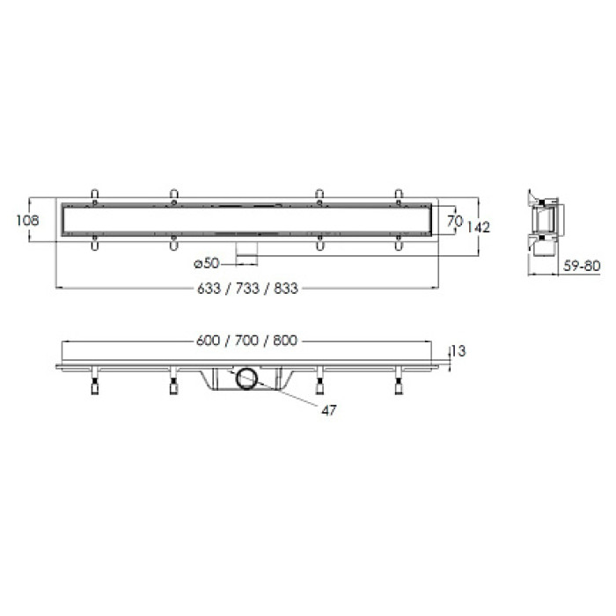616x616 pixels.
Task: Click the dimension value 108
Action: (x=27, y=220)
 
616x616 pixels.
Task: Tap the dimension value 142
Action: (x=479, y=227)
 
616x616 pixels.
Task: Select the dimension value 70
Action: (x=455, y=221)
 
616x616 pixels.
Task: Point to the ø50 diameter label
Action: (x=207, y=263)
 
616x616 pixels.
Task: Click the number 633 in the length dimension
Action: (x=209, y=289)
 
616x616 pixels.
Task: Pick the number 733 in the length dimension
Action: (x=247, y=289)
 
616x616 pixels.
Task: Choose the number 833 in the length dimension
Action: (x=286, y=289)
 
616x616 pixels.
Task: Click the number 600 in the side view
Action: (x=208, y=341)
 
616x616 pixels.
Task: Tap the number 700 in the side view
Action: (x=246, y=341)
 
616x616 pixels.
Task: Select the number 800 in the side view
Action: (x=285, y=341)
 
